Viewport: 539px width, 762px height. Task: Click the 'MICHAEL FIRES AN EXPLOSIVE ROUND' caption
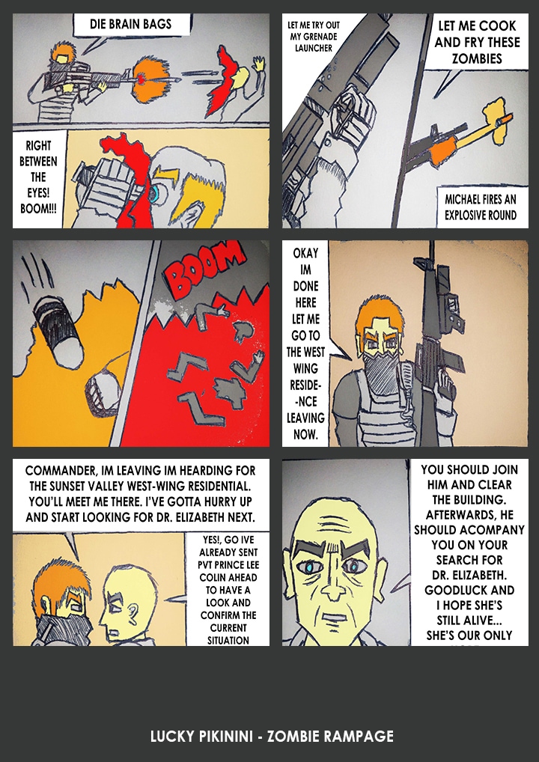pyautogui.click(x=480, y=207)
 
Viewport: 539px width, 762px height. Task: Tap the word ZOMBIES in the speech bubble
pyautogui.click(x=476, y=59)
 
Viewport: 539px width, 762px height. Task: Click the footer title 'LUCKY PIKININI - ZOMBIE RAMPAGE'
pyautogui.click(x=272, y=737)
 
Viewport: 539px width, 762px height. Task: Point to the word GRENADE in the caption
pyautogui.click(x=320, y=37)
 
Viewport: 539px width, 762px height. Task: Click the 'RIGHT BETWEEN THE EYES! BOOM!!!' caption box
pyautogui.click(x=38, y=178)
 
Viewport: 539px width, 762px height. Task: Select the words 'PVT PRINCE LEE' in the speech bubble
pyautogui.click(x=228, y=565)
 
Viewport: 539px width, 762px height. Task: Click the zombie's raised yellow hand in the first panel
pyautogui.click(x=259, y=64)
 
